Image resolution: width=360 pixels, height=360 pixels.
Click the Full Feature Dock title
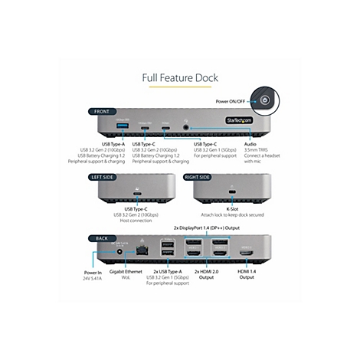pos(179,77)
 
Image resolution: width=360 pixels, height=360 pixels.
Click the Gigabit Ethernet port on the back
pos(142,250)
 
